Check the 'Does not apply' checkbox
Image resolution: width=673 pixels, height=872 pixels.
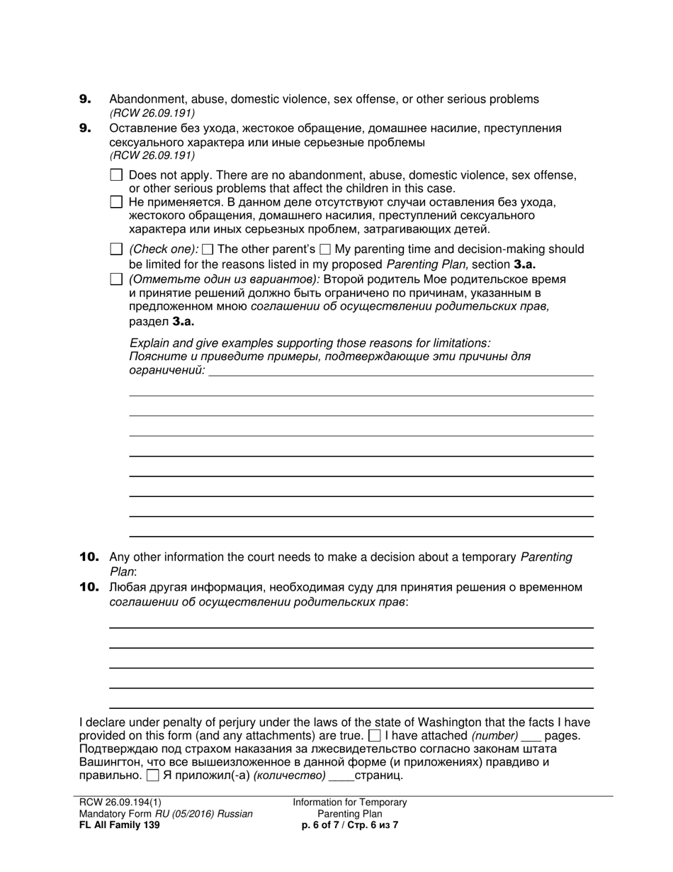[x=117, y=175]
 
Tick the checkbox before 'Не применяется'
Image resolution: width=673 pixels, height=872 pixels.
[x=117, y=202]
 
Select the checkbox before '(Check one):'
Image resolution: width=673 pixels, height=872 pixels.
[x=117, y=249]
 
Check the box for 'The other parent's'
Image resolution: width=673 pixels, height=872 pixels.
[x=208, y=249]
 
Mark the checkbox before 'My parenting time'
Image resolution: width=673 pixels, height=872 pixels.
[x=325, y=249]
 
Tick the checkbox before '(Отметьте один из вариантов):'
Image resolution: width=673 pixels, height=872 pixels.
[x=117, y=279]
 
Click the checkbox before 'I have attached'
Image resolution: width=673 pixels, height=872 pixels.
[x=374, y=736]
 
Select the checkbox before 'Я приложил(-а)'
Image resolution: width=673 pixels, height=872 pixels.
[x=153, y=776]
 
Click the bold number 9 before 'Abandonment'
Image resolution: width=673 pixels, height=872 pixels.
[x=86, y=99]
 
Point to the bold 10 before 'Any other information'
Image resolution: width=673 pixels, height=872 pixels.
[x=89, y=557]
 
